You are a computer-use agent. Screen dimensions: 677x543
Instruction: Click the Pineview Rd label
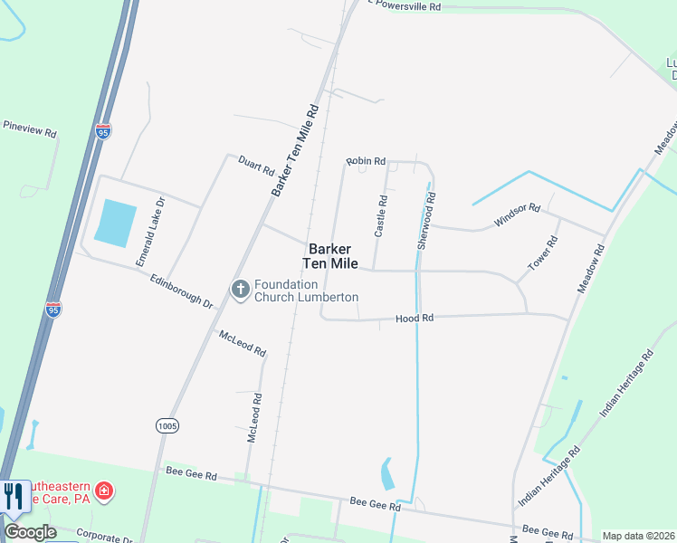pyautogui.click(x=29, y=128)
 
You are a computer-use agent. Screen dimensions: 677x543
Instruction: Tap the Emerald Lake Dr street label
pyautogui.click(x=150, y=232)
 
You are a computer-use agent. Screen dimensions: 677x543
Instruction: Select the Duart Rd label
pyautogui.click(x=256, y=166)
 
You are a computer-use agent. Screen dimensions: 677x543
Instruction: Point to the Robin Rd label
pyautogui.click(x=367, y=161)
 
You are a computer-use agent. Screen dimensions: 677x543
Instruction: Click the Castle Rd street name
pyautogui.click(x=381, y=215)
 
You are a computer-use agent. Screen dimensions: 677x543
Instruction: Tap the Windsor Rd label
pyautogui.click(x=516, y=214)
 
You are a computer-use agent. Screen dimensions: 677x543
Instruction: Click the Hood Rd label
pyautogui.click(x=415, y=318)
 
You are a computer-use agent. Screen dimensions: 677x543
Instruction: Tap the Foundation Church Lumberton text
pyautogui.click(x=306, y=291)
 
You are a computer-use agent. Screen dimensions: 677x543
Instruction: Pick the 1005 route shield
pyautogui.click(x=167, y=424)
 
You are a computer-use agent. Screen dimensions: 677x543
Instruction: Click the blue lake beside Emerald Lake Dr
pyautogui.click(x=115, y=224)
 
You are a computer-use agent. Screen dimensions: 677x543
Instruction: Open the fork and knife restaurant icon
pyautogui.click(x=13, y=495)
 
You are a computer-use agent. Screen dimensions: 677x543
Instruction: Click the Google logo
pyautogui.click(x=30, y=532)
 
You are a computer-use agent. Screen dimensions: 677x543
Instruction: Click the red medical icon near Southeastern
pyautogui.click(x=105, y=491)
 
